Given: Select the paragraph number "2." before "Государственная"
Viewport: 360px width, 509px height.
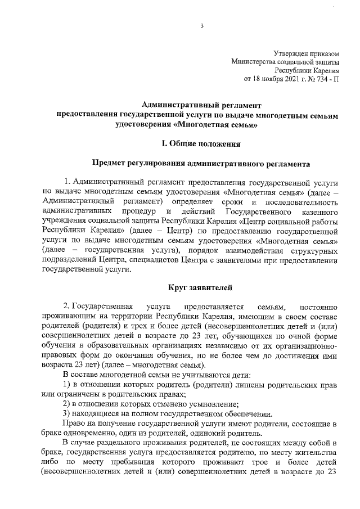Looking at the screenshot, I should point(67,307).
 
